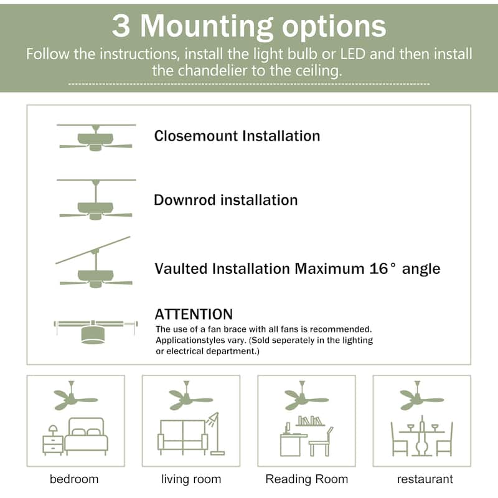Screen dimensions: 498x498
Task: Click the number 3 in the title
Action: pyautogui.click(x=121, y=27)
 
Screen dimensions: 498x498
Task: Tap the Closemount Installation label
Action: pyautogui.click(x=237, y=136)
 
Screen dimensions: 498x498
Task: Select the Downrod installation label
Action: pyautogui.click(x=226, y=200)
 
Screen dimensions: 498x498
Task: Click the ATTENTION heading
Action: pyautogui.click(x=194, y=314)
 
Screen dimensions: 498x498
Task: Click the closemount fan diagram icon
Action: pyautogui.click(x=95, y=138)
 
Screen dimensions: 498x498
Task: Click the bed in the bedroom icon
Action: pyautogui.click(x=87, y=436)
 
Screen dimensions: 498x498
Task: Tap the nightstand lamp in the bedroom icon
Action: pyautogui.click(x=53, y=430)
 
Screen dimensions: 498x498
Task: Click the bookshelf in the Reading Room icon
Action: pyautogui.click(x=312, y=421)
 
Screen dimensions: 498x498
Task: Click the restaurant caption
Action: pyautogui.click(x=425, y=479)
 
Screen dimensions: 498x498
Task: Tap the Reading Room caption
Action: pyautogui.click(x=307, y=479)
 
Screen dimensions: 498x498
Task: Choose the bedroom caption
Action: pyautogui.click(x=74, y=479)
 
